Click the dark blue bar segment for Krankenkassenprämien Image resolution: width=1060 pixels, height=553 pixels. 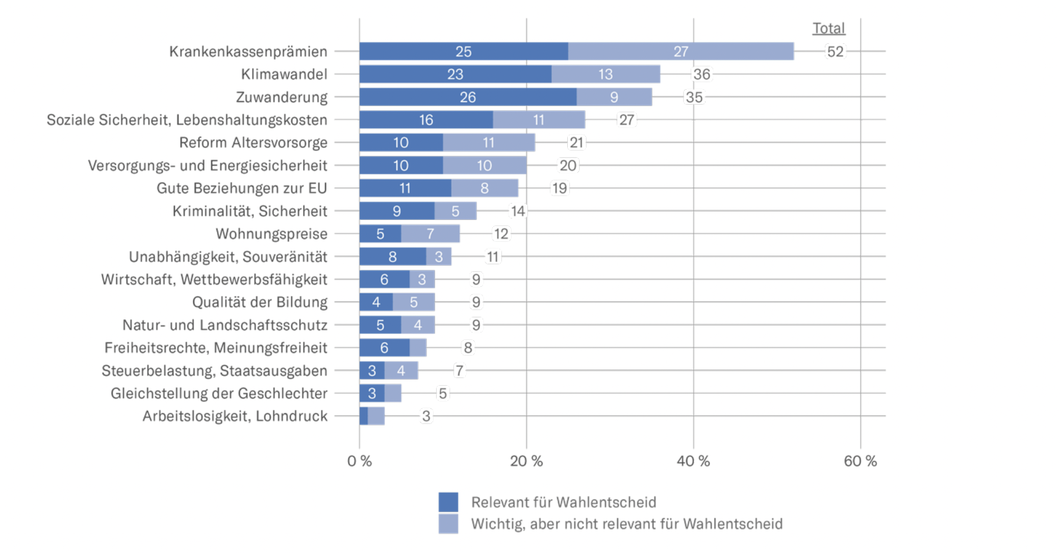pos(463,52)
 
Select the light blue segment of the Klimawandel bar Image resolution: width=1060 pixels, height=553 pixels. pos(605,74)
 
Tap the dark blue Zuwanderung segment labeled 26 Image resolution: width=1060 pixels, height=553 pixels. pos(467,97)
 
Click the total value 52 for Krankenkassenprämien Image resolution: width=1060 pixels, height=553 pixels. pos(835,52)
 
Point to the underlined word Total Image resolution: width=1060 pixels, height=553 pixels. pos(828,29)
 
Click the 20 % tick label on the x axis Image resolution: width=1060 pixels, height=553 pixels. pos(526,461)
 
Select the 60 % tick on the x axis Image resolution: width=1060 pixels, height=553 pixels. pos(860,461)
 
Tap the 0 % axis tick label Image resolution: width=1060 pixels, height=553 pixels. pos(359,461)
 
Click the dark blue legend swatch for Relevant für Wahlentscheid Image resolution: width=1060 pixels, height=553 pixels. pos(448,502)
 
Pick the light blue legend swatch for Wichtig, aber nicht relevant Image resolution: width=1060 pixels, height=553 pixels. pos(448,524)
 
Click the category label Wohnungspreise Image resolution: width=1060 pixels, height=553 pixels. pos(271,234)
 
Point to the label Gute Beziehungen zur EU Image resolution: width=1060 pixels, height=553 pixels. pos(241,188)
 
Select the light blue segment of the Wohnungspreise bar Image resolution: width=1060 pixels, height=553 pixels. pos(430,234)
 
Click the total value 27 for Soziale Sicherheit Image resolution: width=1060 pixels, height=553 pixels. pos(626,120)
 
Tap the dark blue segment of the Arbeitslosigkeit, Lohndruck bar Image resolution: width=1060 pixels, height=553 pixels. pos(363,416)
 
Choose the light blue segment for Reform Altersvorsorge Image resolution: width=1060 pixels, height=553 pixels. pos(488,143)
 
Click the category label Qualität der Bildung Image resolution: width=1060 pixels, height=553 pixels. pos(260,302)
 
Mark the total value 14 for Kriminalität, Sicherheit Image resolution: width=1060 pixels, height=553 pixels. pos(518,211)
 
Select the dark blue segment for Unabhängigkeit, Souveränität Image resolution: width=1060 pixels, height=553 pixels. pos(392,257)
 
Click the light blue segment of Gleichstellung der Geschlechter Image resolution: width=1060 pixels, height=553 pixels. pos(393,393)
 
